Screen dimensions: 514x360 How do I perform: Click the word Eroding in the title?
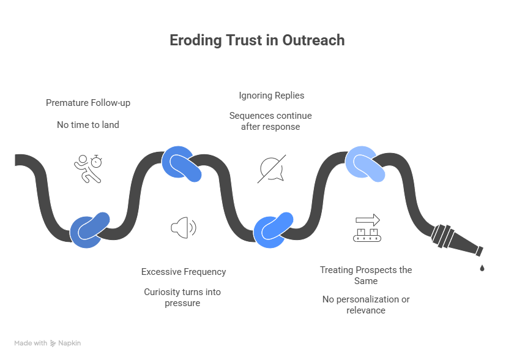[x=196, y=41]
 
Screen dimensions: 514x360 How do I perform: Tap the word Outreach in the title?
[x=313, y=40]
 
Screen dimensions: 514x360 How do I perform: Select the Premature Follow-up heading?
[x=88, y=103]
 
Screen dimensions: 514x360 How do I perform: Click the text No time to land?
[x=88, y=124]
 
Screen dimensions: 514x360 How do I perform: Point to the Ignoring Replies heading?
[x=272, y=96]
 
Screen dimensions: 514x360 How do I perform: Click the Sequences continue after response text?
[x=270, y=121]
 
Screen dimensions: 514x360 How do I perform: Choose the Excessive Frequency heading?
[x=184, y=272]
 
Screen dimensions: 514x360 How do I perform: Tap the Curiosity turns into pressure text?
[x=182, y=298]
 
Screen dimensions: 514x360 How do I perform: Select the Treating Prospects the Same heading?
[x=366, y=276]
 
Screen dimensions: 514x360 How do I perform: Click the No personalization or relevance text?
[x=366, y=304]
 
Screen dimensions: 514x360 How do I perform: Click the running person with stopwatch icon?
[x=88, y=168]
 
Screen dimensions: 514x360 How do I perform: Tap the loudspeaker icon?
[x=184, y=228]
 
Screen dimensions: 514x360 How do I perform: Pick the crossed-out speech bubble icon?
[x=272, y=169]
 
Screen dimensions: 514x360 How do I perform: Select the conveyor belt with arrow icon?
[x=367, y=228]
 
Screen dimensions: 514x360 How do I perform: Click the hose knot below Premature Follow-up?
[x=89, y=230]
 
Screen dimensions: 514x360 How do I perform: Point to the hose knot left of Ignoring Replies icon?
[x=181, y=163]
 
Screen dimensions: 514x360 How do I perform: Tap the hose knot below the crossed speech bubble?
[x=273, y=230]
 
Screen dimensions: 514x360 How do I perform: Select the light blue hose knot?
[x=365, y=163]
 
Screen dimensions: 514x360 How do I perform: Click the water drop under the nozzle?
[x=482, y=268]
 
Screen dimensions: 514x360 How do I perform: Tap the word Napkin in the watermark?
[x=70, y=343]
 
